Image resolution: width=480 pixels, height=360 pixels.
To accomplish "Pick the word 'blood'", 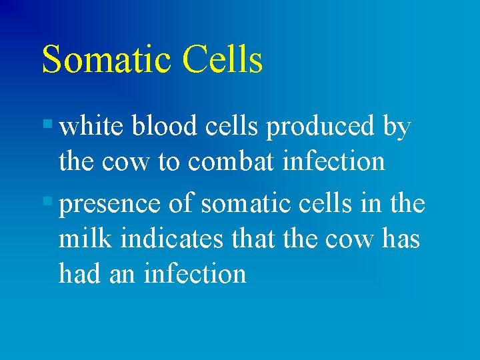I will pos(163,127).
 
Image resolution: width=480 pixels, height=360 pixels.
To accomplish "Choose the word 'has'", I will pos(401,238).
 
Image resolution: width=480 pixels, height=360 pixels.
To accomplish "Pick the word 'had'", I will pos(77,273).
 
